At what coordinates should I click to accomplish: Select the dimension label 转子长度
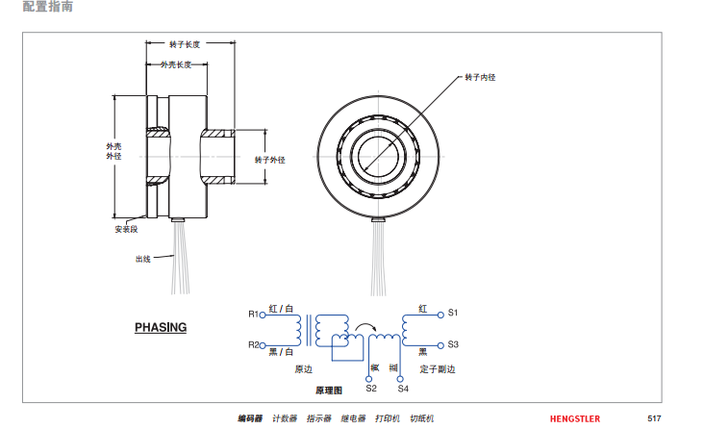click(x=185, y=44)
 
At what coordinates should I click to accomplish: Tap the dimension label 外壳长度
click(x=175, y=65)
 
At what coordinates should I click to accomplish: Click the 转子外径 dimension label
click(x=270, y=159)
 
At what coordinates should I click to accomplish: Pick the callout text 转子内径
click(x=479, y=76)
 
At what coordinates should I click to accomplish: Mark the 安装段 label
click(x=126, y=230)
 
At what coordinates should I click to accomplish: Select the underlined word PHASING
click(x=161, y=327)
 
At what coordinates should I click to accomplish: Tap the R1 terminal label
click(x=254, y=314)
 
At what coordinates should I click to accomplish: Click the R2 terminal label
click(x=254, y=344)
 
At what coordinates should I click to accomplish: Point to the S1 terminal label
click(x=454, y=314)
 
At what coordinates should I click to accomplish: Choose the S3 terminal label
click(x=454, y=344)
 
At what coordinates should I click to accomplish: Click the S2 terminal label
click(x=371, y=389)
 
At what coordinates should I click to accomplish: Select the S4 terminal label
click(x=403, y=389)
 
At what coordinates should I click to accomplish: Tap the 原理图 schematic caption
click(x=329, y=391)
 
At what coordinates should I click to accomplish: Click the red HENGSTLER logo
click(x=575, y=418)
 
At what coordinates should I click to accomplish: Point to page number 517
click(x=654, y=418)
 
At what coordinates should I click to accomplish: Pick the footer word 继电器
click(x=353, y=418)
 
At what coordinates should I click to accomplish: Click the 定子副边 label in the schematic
click(x=438, y=368)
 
